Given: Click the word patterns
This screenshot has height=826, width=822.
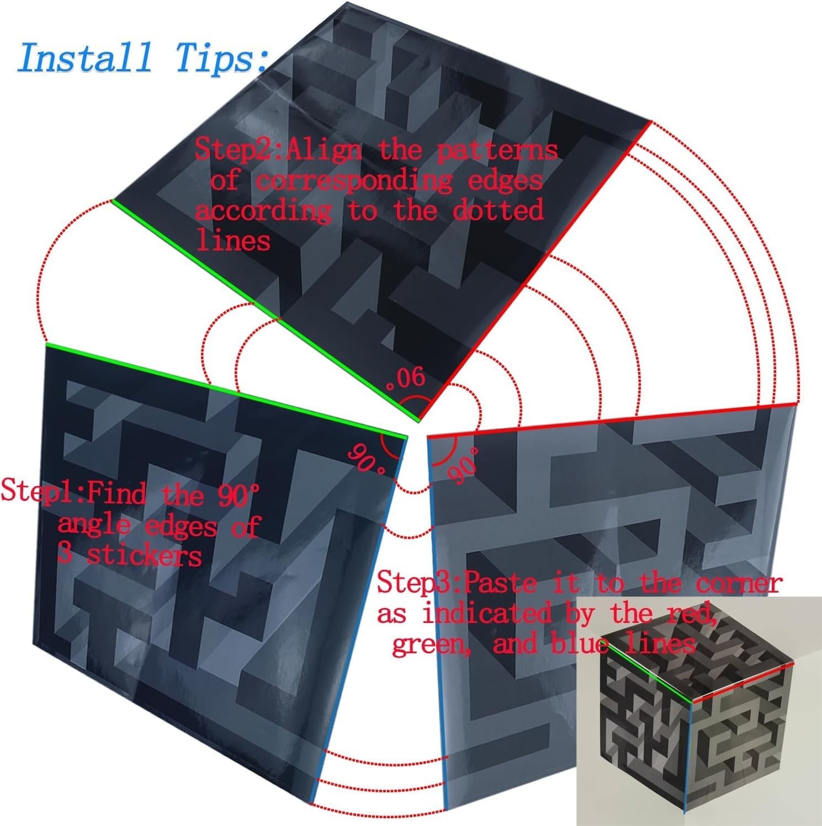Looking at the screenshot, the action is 497,151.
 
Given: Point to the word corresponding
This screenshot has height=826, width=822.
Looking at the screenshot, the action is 355,181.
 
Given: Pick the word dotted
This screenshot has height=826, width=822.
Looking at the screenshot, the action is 498,210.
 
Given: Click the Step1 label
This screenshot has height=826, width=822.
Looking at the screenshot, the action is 41,491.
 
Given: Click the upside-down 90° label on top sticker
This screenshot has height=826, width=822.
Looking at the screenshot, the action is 407,378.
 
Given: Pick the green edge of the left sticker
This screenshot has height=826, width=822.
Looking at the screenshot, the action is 226,391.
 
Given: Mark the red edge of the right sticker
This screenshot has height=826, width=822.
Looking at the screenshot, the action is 613,420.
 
